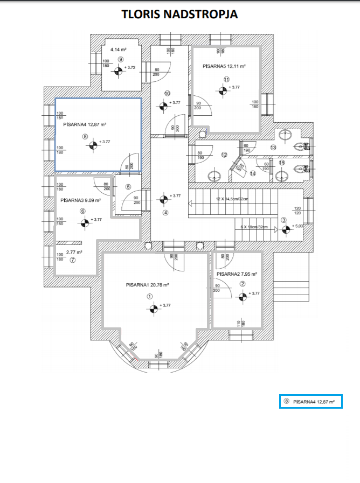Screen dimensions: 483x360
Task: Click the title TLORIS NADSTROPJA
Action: point(180,15)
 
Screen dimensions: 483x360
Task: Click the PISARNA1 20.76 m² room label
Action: point(148,285)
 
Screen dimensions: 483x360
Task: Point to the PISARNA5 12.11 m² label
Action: point(224,66)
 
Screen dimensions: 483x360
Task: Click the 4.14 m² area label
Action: point(117,50)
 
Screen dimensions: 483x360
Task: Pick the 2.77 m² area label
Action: point(74,252)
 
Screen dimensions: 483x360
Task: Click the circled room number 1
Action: point(149,296)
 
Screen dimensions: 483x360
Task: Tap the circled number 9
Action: point(121,59)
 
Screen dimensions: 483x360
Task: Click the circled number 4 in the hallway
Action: point(165,213)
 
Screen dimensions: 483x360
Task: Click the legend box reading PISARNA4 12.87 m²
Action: point(310,402)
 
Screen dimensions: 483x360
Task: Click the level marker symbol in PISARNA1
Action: point(154,308)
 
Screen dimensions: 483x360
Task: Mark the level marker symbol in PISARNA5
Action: point(223,90)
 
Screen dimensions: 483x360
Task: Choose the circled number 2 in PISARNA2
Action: point(243,284)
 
